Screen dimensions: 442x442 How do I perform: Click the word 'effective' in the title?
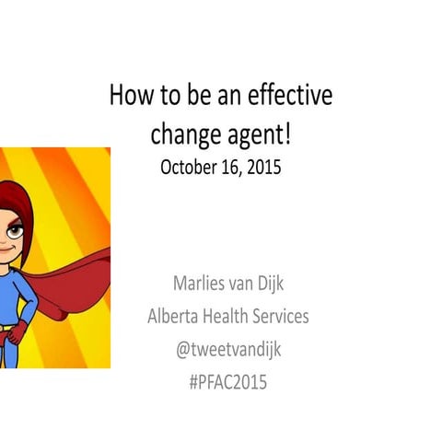[x=293, y=95]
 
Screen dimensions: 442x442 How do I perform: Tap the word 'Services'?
[x=282, y=316]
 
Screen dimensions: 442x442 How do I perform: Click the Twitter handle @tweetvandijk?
[x=227, y=350]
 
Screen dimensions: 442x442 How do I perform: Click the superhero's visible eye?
[x=10, y=224]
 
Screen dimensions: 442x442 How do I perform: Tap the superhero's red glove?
[x=13, y=331]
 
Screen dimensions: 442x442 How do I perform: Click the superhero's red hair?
[x=24, y=203]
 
